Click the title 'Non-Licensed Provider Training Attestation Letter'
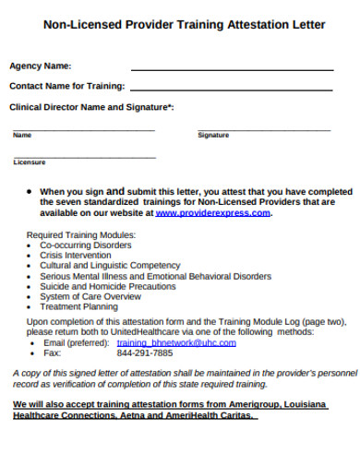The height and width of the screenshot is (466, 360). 185,25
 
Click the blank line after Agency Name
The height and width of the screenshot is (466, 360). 232,69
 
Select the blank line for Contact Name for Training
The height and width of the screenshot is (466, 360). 232,90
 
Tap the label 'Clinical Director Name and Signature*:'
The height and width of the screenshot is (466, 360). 90,107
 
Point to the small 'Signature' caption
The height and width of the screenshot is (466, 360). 213,136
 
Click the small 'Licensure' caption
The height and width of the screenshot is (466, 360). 29,162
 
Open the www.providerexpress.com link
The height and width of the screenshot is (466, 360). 213,213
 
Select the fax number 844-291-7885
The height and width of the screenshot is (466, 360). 145,352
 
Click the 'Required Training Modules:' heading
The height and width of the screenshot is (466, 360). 80,235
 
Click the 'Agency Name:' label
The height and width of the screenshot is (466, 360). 40,66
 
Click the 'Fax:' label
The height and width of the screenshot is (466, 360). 52,352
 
